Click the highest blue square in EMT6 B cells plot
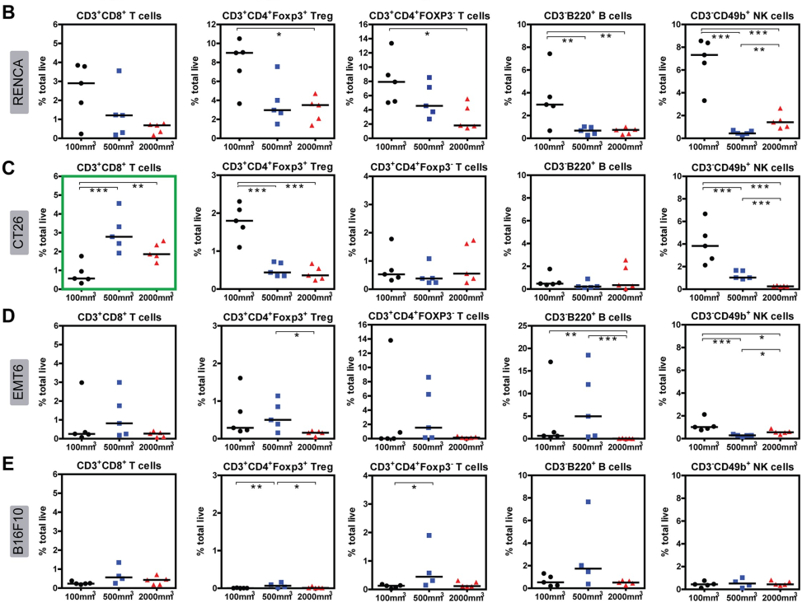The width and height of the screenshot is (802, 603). (x=589, y=355)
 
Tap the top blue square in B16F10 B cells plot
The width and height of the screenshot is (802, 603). (x=589, y=502)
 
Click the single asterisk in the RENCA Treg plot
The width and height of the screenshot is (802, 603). (x=279, y=35)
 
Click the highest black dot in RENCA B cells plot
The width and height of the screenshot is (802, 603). (x=548, y=54)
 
